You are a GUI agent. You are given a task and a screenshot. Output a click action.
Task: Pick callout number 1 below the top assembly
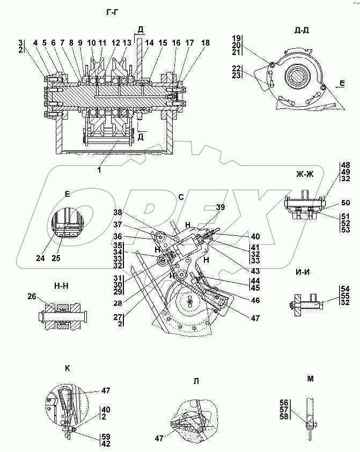100,169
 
